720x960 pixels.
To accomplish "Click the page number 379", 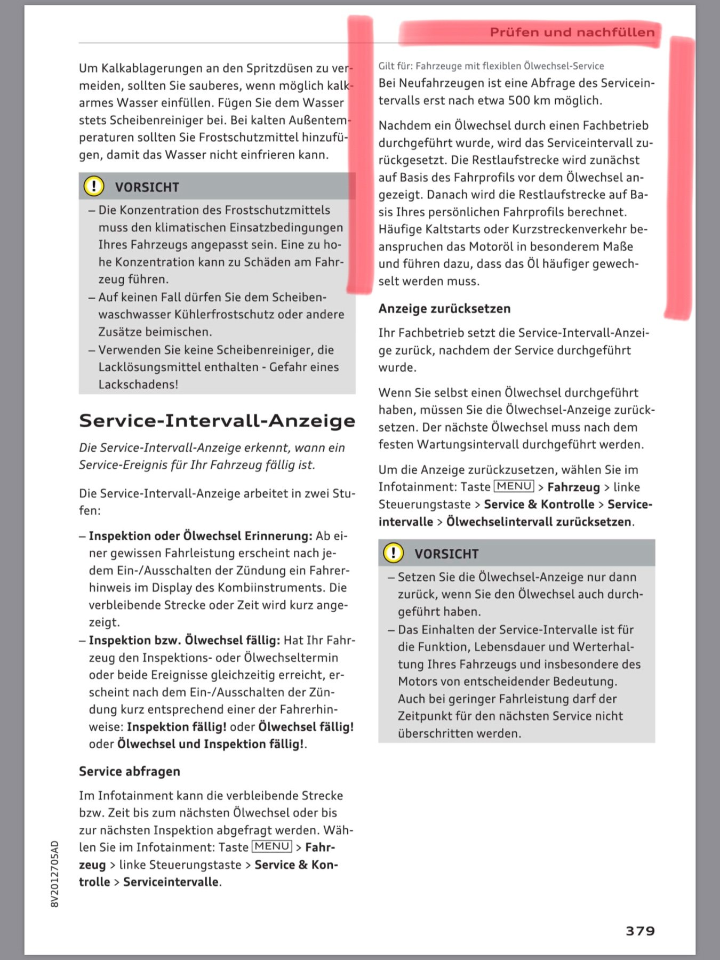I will (639, 931).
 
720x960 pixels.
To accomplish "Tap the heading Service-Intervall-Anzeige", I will (217, 421).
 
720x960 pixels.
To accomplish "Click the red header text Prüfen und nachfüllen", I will (572, 33).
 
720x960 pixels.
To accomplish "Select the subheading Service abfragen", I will (130, 771).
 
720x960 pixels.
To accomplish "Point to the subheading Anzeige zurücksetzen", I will (444, 308).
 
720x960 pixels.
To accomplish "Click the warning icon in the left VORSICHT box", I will (94, 186).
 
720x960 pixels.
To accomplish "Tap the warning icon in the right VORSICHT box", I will (394, 553).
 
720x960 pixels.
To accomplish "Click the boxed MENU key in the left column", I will (271, 846).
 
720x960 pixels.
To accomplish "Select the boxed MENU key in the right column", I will (514, 486).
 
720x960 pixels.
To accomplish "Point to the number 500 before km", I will (518, 100).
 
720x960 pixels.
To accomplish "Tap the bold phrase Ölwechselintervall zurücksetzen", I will (539, 521).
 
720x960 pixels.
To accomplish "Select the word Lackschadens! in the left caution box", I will (138, 384).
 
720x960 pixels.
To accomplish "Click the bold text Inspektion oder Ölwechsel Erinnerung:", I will (200, 535).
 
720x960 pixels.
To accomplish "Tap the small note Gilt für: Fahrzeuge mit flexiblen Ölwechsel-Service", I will (491, 66).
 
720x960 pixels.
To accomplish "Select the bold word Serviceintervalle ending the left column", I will (171, 882).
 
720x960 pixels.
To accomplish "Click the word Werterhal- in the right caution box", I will (603, 646).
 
